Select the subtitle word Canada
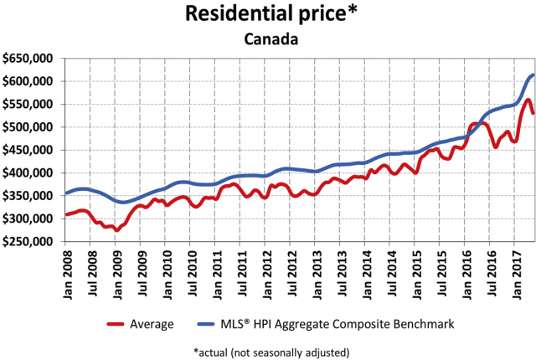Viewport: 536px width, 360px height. (x=268, y=39)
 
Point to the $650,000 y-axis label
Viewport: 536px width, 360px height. (x=29, y=59)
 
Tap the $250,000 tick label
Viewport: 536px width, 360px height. (x=29, y=241)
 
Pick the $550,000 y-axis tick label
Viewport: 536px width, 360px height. (x=29, y=104)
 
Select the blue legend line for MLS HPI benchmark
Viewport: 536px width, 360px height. (x=209, y=323)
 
